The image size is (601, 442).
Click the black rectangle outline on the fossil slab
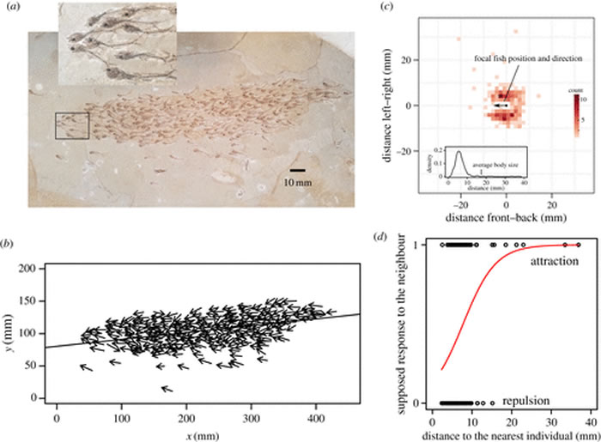71,125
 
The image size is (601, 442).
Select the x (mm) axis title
203,435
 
